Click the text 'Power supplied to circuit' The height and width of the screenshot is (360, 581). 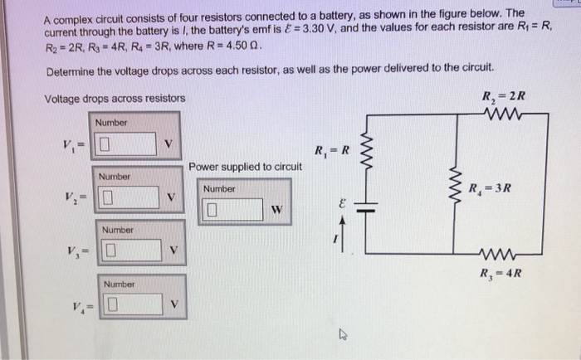click(245, 168)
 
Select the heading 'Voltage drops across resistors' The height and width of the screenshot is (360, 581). click(115, 100)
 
